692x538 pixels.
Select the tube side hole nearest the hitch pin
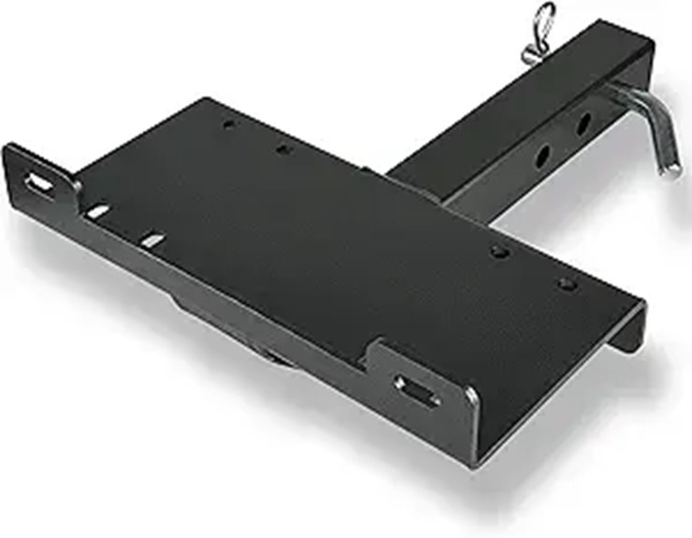[583, 122]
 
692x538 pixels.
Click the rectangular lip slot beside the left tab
[97, 212]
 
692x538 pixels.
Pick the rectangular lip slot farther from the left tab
[152, 241]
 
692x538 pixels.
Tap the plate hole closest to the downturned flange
[565, 283]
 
